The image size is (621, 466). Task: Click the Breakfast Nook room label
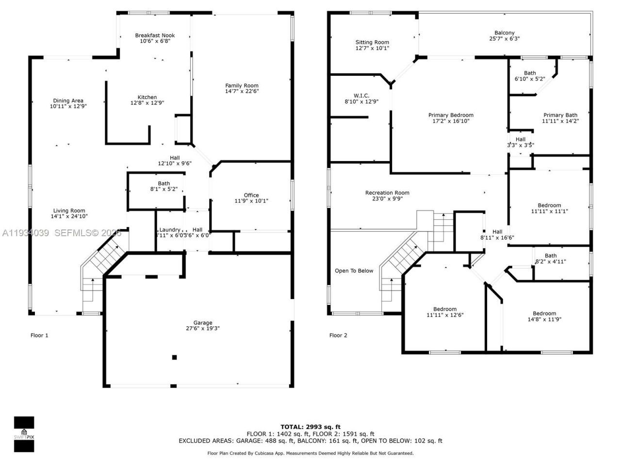(155, 35)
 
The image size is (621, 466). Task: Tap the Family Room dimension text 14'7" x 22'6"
(242, 91)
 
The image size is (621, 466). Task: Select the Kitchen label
(147, 97)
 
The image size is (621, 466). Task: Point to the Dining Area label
(68, 100)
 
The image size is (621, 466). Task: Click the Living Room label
(69, 211)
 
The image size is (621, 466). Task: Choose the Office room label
(251, 195)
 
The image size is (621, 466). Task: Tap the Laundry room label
(170, 230)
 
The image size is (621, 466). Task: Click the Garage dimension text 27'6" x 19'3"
(203, 329)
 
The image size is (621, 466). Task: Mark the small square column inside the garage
(174, 357)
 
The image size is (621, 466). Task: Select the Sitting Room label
(372, 42)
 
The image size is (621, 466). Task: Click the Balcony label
(505, 33)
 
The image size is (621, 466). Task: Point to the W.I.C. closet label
(361, 95)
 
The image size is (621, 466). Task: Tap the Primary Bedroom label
(451, 115)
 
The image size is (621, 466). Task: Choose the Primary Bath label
(560, 115)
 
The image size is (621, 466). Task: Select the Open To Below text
(354, 270)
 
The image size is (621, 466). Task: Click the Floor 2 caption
(338, 335)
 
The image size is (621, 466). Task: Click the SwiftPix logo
(24, 433)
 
